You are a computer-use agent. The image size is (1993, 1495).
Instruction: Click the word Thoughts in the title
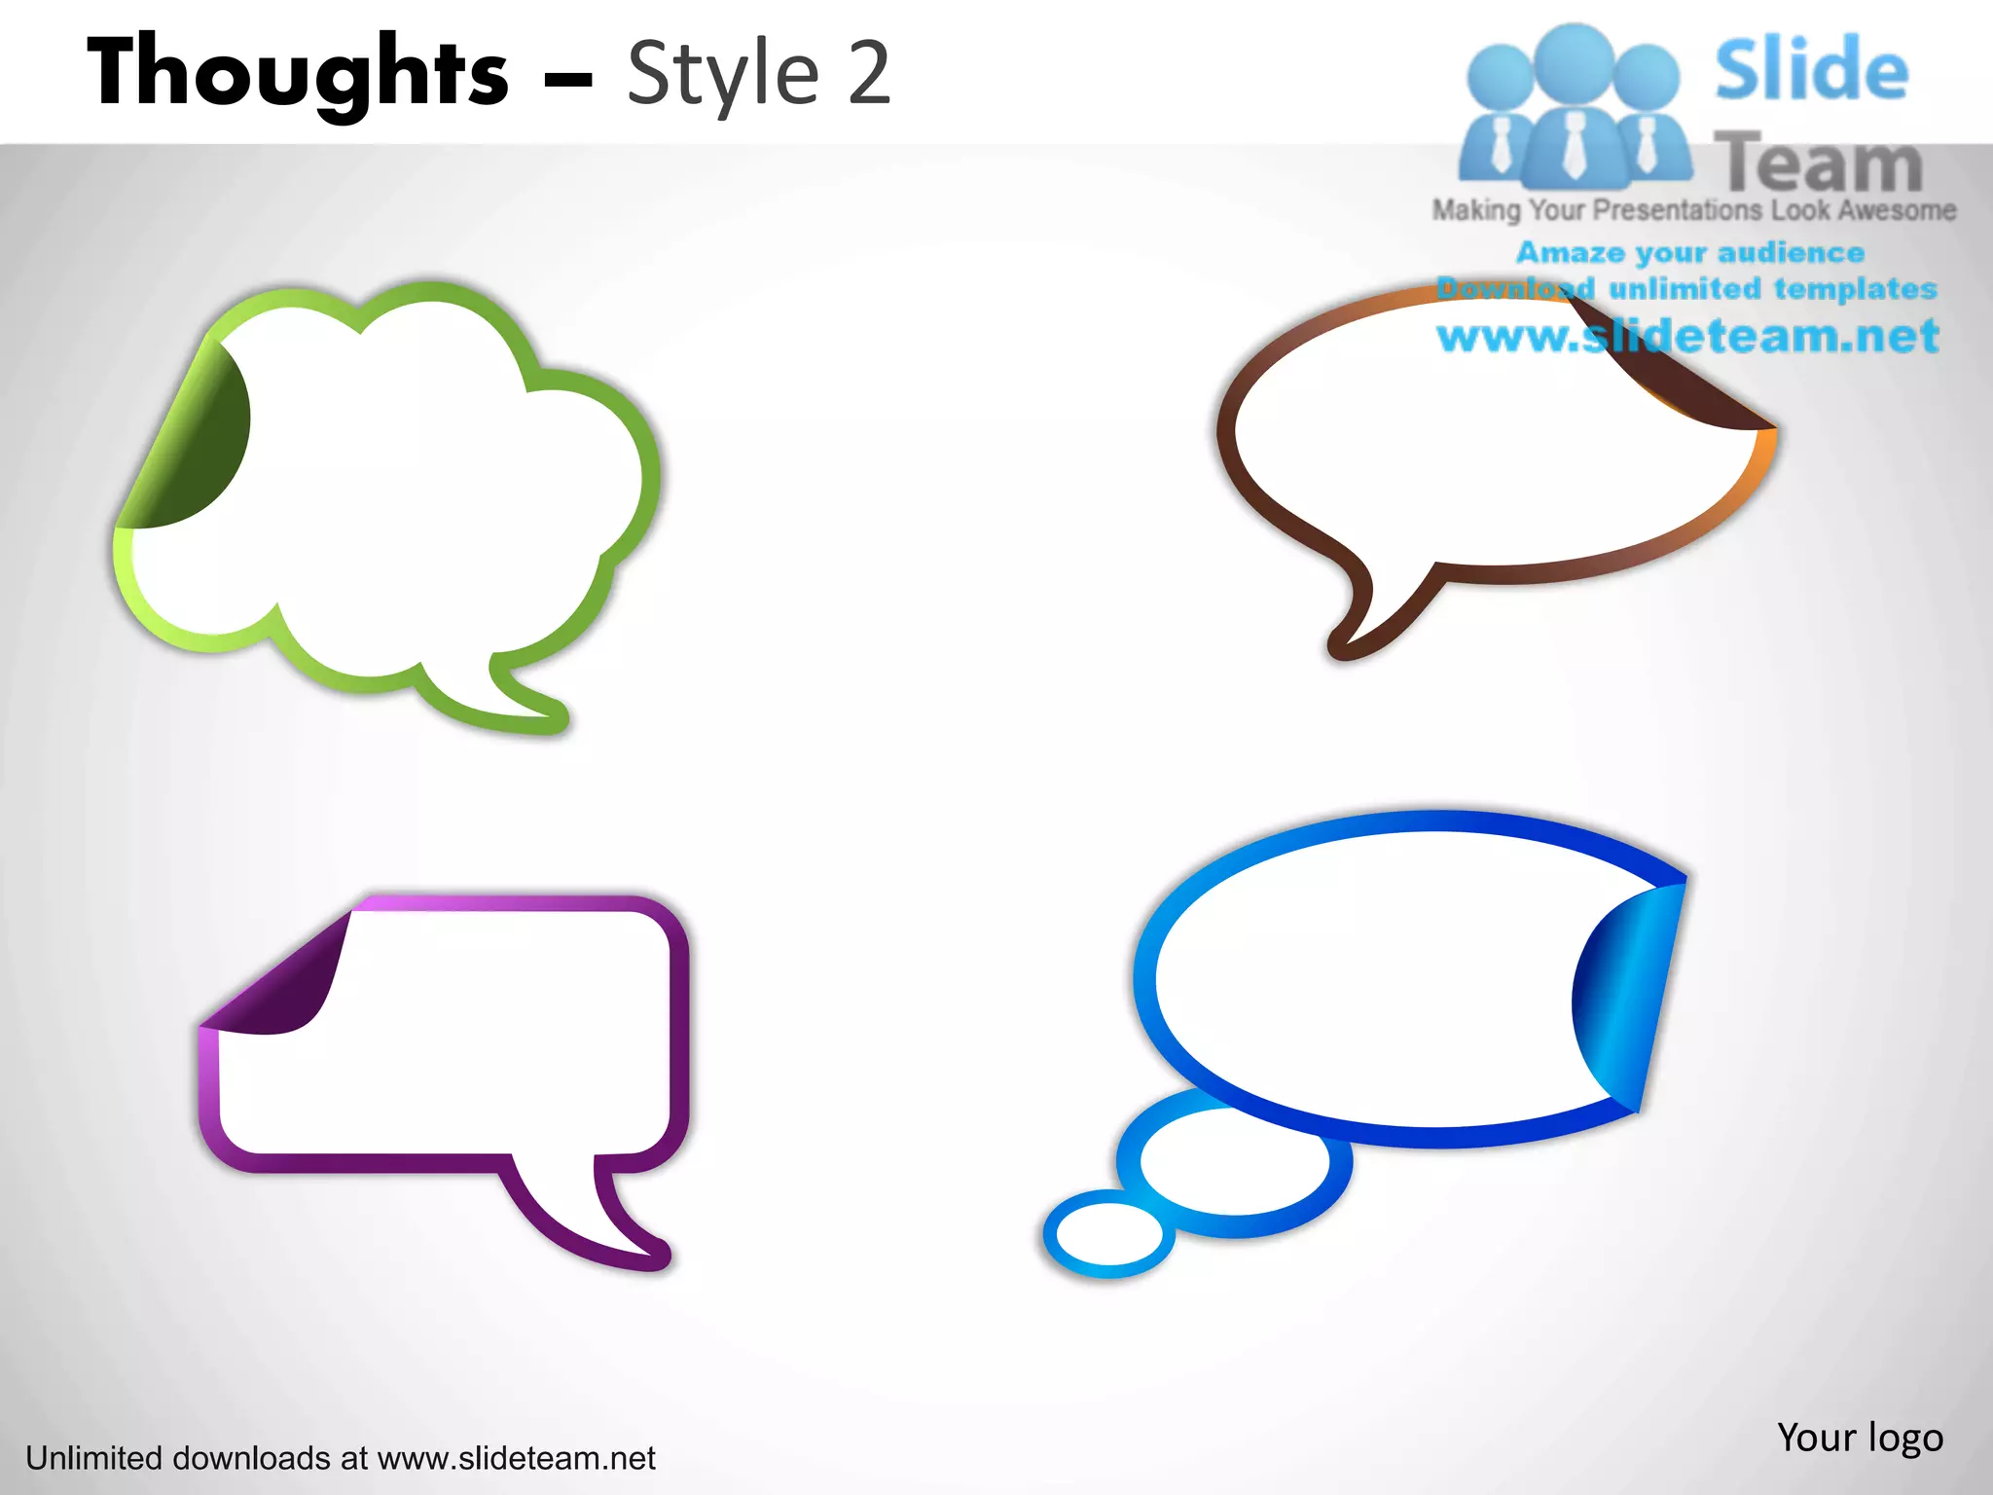coord(297,73)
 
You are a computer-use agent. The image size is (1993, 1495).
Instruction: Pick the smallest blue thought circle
coord(1108,1233)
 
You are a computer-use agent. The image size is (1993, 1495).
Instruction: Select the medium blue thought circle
coord(1234,1162)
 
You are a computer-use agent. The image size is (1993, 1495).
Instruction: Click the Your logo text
coord(1859,1437)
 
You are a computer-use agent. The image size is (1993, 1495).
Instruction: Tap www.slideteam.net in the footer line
coord(516,1458)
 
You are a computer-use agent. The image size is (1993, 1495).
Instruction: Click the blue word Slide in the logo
coord(1811,70)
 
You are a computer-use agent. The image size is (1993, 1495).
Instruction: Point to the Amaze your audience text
coord(1690,253)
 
